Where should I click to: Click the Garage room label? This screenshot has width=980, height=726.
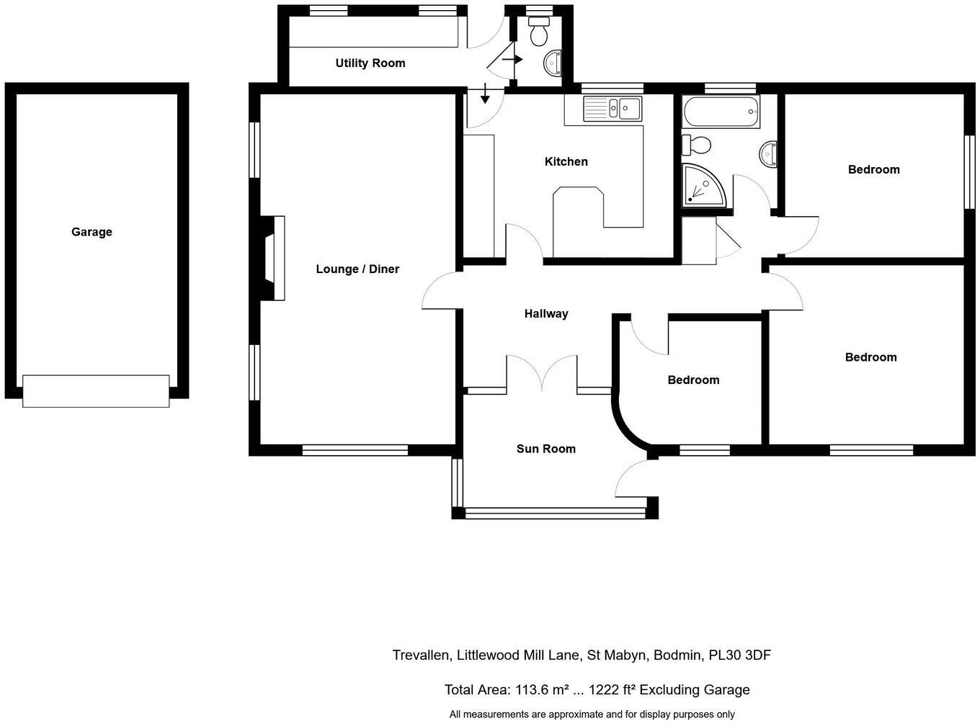point(92,232)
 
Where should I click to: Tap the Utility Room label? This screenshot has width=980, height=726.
point(370,63)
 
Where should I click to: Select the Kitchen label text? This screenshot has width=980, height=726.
point(566,161)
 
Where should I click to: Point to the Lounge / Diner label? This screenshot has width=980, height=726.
point(357,269)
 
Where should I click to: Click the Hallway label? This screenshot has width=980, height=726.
point(545,313)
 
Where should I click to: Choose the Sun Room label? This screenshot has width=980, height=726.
point(545,449)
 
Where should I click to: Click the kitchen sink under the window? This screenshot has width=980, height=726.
point(613,109)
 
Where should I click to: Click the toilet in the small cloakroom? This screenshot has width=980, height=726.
point(538,33)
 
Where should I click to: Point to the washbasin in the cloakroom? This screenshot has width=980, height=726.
point(553,63)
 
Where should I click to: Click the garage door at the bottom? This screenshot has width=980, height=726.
point(96,391)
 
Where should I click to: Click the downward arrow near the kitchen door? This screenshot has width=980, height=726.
point(484,93)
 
